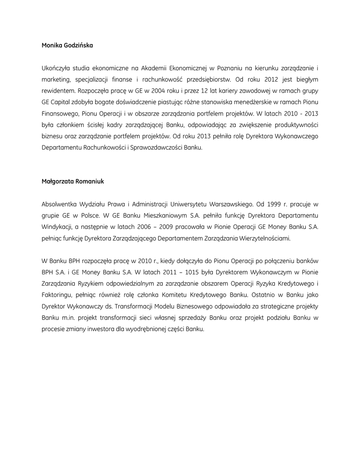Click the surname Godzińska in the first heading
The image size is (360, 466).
point(80,45)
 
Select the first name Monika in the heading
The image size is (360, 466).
point(51,45)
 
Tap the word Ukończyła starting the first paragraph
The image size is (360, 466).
point(56,68)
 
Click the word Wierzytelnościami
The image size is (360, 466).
point(263,238)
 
